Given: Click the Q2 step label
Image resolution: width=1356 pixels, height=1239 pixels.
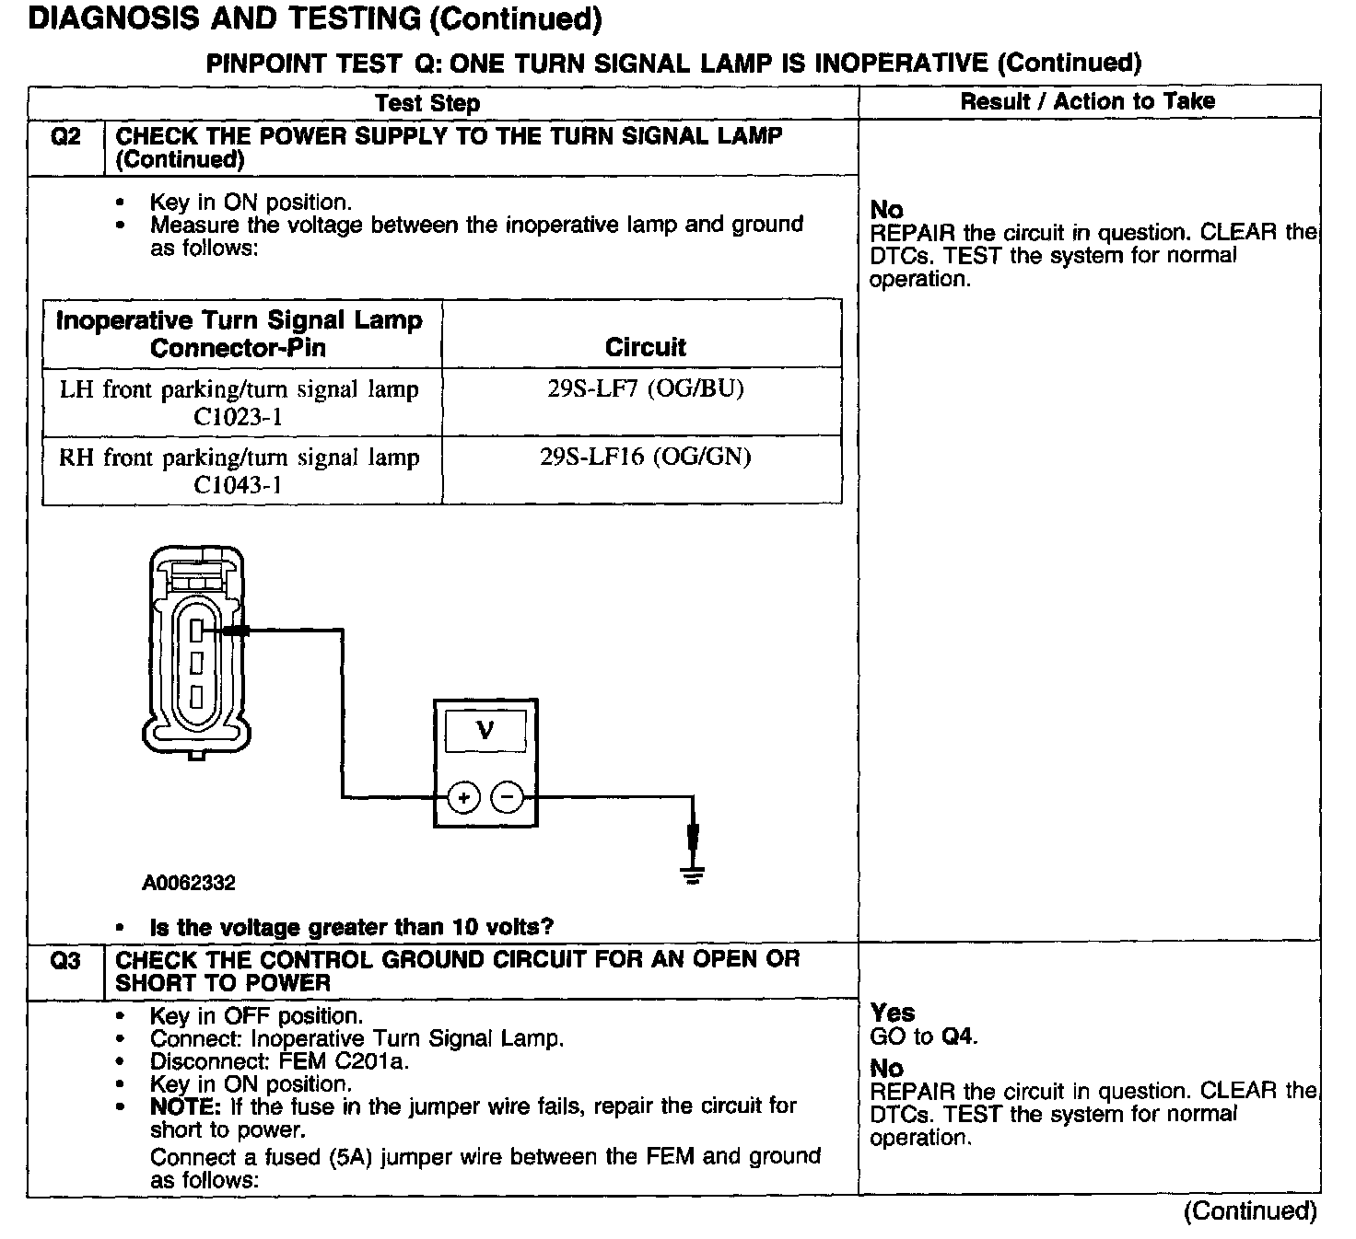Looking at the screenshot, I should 65,137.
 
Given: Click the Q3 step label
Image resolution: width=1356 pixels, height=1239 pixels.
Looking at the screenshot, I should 65,961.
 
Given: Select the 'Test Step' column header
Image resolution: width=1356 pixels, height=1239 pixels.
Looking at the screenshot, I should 427,102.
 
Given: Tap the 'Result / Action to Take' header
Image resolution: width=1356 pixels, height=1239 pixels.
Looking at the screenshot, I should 1087,101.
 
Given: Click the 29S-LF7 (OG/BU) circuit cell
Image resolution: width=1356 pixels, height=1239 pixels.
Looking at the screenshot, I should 645,388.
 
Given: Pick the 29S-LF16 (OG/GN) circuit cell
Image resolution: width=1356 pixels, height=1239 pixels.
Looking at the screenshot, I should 645,457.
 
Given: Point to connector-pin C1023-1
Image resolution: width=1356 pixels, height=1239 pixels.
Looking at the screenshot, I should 238,417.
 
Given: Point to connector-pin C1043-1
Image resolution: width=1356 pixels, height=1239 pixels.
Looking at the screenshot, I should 238,484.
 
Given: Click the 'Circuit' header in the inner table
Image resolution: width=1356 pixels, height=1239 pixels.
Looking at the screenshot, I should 645,347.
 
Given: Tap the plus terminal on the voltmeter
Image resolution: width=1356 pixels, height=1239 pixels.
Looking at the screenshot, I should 464,797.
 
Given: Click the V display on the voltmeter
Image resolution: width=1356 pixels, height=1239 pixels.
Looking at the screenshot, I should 485,731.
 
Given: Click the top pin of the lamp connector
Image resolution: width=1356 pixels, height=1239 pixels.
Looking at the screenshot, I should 196,631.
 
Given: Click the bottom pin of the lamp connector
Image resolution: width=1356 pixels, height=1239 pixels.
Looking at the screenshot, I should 196,695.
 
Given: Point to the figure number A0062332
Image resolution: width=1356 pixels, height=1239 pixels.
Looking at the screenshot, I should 189,884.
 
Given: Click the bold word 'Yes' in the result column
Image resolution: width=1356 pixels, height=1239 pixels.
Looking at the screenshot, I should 892,1013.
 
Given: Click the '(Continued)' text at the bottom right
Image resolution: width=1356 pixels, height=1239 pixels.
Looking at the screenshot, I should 1250,1211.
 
